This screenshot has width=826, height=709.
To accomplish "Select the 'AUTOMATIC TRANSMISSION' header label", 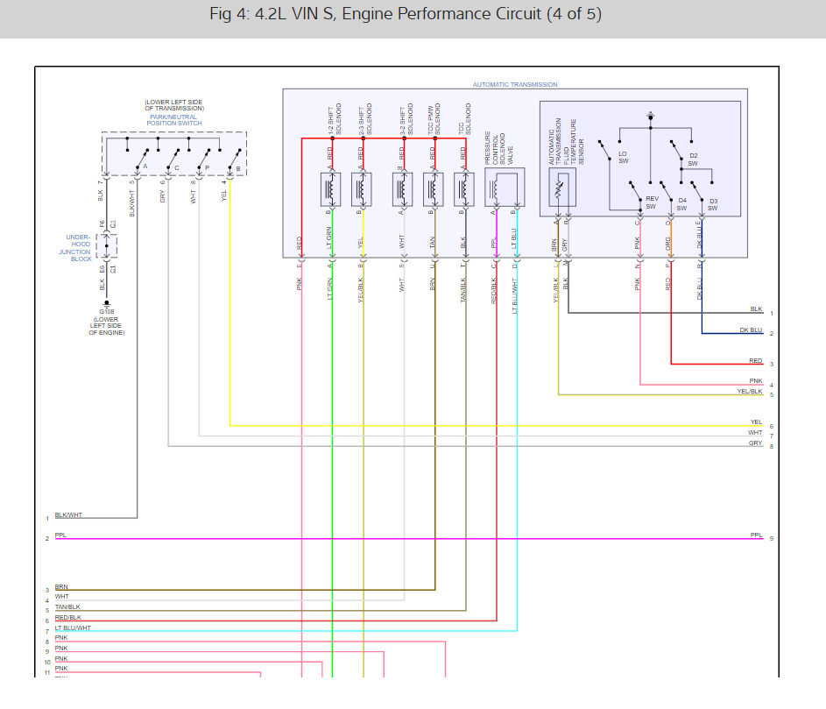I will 515,85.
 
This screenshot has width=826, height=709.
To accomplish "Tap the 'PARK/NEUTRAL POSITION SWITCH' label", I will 173,120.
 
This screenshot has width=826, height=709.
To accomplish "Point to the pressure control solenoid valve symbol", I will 504,188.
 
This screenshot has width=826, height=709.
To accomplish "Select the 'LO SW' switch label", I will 623,157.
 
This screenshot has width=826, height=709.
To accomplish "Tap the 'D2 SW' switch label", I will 692,160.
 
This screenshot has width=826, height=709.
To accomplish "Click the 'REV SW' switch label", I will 651,202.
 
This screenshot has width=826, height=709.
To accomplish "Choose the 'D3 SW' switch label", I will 713,205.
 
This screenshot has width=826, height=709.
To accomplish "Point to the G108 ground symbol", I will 106,304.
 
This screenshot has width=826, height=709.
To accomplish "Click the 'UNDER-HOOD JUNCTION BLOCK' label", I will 81,248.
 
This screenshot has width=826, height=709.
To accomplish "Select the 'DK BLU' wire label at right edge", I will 751,330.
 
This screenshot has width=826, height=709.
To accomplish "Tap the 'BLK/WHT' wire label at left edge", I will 68,515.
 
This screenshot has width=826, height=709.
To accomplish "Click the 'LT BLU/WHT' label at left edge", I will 73,627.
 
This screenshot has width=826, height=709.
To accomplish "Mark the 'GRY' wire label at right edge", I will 755,443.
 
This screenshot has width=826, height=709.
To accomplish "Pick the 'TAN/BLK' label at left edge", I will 67,606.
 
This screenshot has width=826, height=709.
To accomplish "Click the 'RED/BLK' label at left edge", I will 67,617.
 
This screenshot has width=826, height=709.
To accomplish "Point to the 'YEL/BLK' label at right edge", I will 750,391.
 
